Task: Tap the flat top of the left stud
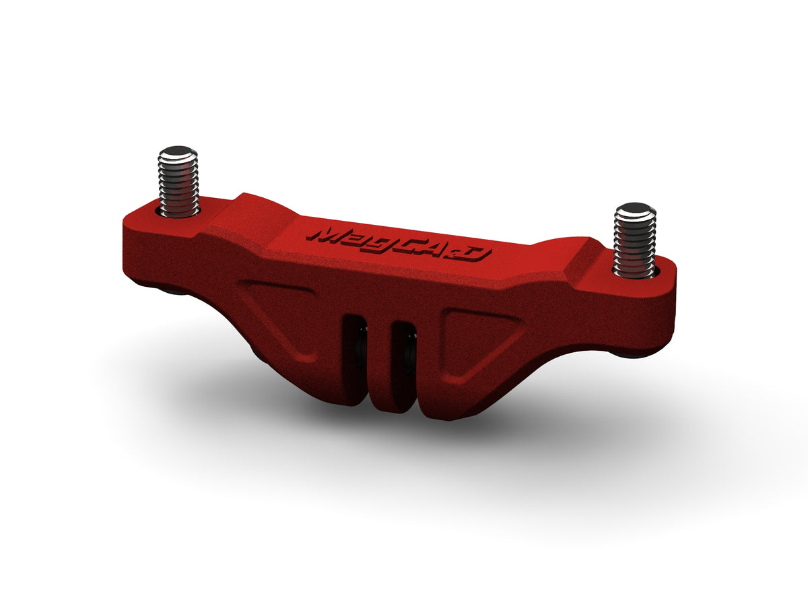[x=178, y=151]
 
